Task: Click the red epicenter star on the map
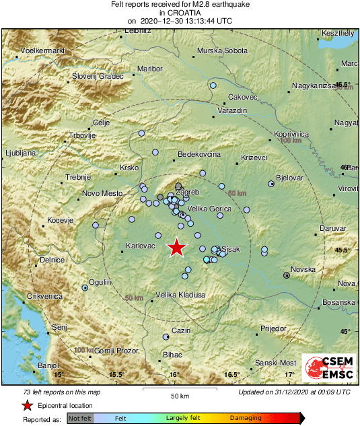point(176,248)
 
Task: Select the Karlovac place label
point(141,246)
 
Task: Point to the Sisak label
point(230,249)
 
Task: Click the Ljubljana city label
point(20,153)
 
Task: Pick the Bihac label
point(173,354)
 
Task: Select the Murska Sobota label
point(222,51)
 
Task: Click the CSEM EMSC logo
point(330,368)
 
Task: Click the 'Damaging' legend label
point(246,418)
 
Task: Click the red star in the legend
point(27,406)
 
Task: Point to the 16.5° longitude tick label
point(232,374)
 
